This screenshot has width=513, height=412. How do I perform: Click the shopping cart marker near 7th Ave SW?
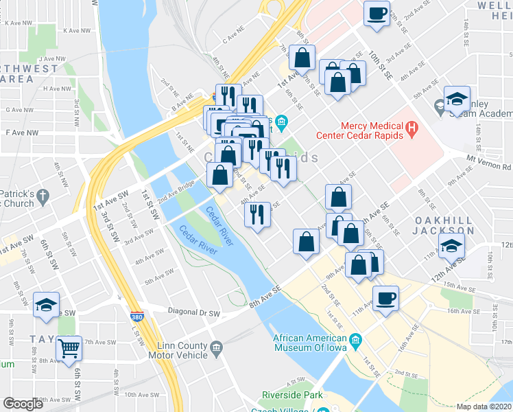click(x=69, y=348)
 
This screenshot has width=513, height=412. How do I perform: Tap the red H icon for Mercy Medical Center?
click(x=411, y=127)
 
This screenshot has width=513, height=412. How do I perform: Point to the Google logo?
click(x=23, y=404)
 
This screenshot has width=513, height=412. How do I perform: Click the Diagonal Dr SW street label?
click(x=195, y=312)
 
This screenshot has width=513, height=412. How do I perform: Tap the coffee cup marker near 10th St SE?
click(x=376, y=14)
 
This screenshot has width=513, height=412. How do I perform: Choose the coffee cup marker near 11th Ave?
click(x=385, y=298)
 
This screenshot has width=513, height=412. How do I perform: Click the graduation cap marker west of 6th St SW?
click(x=46, y=305)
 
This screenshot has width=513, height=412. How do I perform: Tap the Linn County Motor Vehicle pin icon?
click(x=217, y=349)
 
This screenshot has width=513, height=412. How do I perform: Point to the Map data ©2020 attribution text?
click(x=484, y=407)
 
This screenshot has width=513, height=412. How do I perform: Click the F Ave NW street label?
click(x=19, y=131)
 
